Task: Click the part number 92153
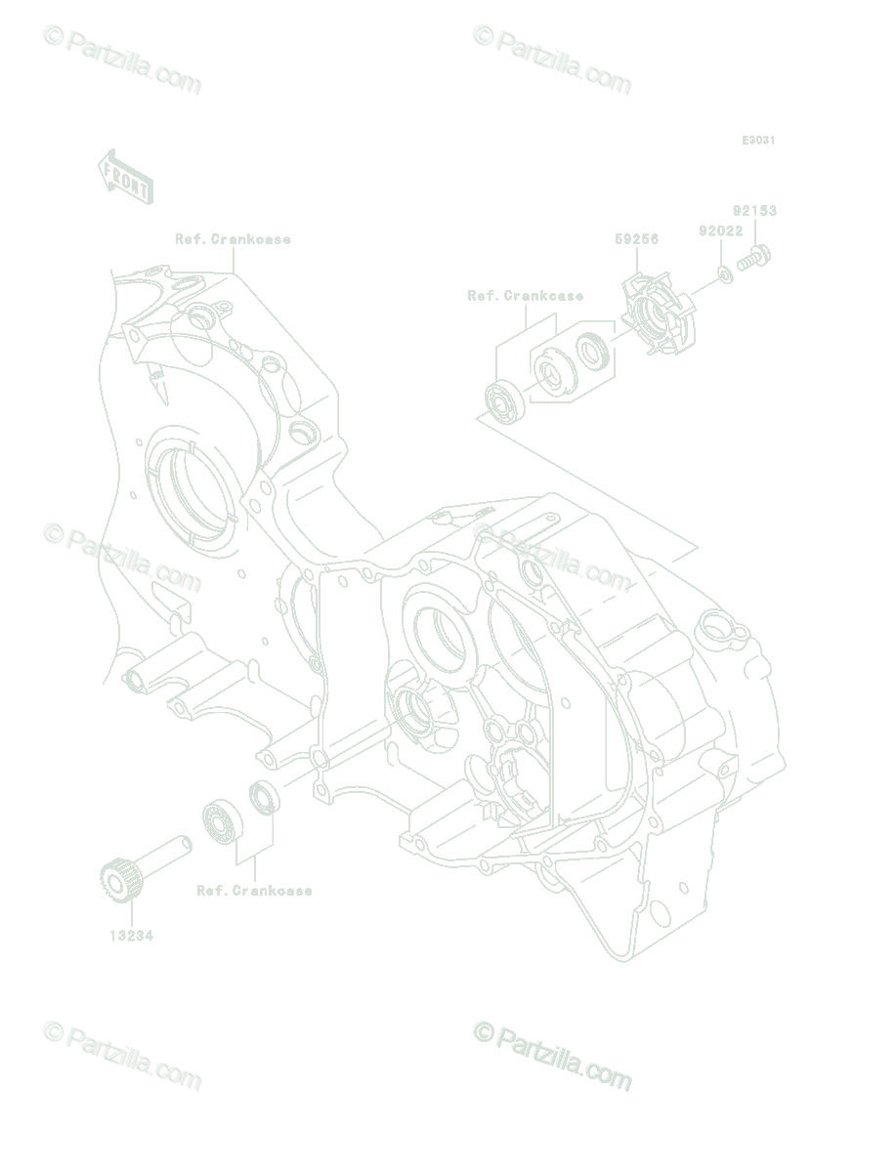754,211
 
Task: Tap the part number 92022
721,230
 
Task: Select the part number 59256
636,239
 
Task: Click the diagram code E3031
758,141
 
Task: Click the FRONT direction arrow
126,177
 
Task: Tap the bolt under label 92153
753,259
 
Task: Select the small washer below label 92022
726,275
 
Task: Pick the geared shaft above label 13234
145,867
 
